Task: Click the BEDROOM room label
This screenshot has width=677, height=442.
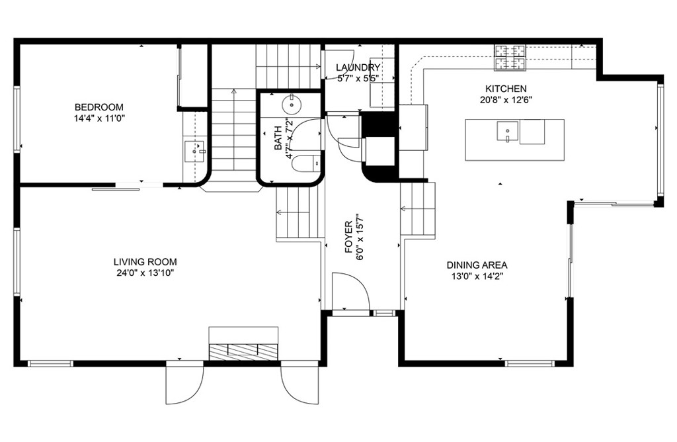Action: (99, 107)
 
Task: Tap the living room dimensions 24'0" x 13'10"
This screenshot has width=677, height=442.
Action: (145, 273)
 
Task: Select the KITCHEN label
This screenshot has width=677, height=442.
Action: (506, 89)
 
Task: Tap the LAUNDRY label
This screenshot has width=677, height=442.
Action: (358, 67)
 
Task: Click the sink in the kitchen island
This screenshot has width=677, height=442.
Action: (508, 132)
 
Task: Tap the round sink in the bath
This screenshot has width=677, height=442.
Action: (292, 104)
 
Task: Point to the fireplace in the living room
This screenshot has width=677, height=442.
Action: (243, 351)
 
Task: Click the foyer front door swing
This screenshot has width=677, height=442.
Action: (349, 291)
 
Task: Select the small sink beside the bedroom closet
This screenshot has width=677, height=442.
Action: (194, 151)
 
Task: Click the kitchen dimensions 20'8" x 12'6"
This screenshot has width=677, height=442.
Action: (506, 100)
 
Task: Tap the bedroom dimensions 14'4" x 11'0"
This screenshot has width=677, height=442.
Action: (99, 118)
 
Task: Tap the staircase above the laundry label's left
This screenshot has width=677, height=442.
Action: (288, 66)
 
